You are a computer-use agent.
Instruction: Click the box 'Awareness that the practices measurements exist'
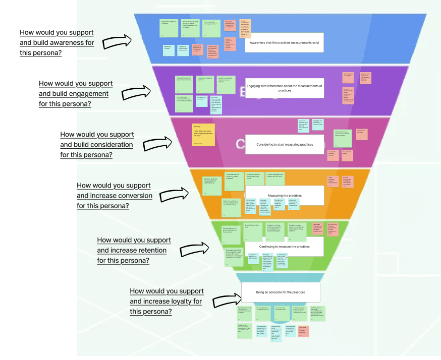284,43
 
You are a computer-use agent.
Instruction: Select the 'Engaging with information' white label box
284,88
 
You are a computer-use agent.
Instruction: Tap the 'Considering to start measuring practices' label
284,144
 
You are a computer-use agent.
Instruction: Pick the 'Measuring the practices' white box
284,195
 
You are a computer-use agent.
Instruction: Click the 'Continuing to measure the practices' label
284,247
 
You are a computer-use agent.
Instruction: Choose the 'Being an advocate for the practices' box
280,292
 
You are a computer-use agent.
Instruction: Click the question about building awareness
57,42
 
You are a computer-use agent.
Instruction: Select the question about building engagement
76,93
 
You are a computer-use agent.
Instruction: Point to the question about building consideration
97,145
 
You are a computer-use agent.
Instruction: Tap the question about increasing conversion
114,196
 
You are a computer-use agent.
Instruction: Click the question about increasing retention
134,250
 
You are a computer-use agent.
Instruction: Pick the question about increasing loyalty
167,301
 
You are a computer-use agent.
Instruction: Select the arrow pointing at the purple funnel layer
137,92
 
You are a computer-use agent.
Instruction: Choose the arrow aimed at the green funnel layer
195,248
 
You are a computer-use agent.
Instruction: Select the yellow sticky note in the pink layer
204,135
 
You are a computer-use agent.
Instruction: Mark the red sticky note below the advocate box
303,331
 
